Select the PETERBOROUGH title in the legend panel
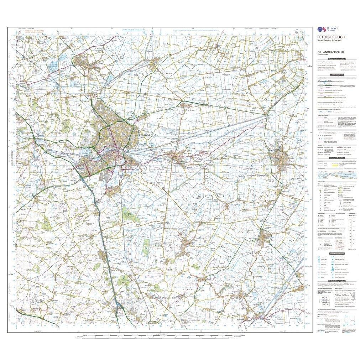(330, 37)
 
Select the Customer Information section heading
(336, 59)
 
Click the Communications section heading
(336, 75)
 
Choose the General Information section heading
(336, 157)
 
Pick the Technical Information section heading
(336, 281)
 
